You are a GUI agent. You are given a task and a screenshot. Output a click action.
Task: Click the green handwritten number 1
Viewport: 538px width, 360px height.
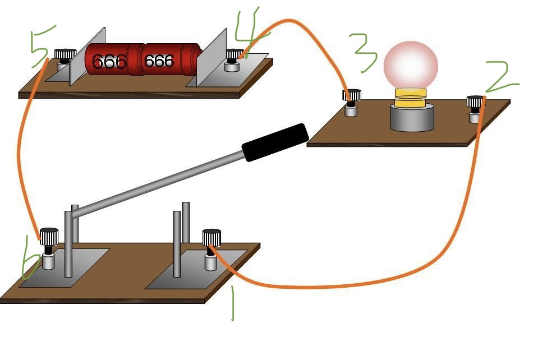232,303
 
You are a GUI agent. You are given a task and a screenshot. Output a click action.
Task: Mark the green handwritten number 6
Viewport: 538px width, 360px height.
31,264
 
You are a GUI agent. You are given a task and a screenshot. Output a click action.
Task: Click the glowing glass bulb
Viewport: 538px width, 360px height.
410,64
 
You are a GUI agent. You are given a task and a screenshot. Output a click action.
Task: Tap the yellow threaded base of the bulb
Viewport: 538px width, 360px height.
410,97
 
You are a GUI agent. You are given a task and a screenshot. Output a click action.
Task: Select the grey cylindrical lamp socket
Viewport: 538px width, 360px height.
412,118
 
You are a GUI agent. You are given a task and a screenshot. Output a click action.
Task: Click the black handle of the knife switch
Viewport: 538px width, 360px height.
275,142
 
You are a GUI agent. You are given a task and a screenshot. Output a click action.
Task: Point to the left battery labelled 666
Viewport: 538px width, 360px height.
109,60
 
